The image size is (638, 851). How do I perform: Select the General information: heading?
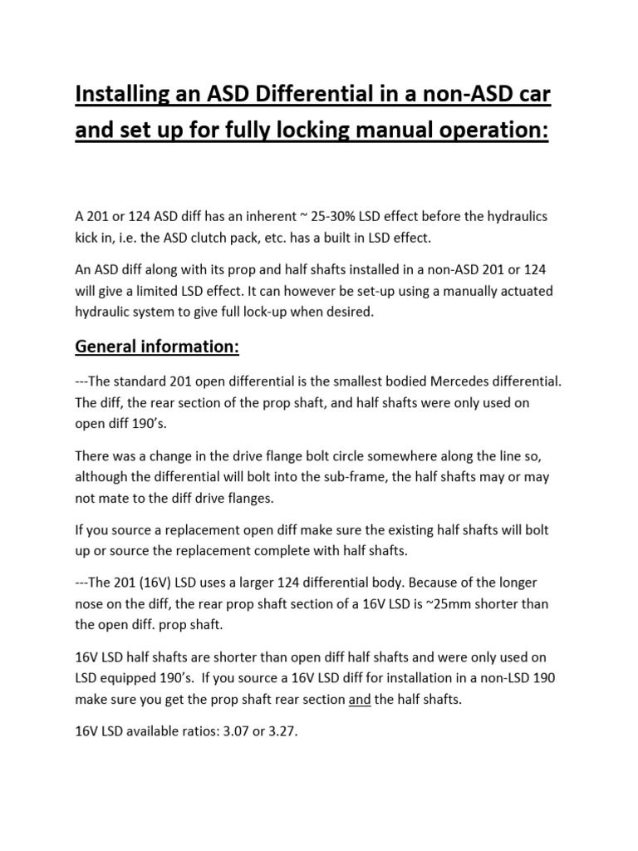point(157,347)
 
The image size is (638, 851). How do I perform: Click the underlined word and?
point(359,700)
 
